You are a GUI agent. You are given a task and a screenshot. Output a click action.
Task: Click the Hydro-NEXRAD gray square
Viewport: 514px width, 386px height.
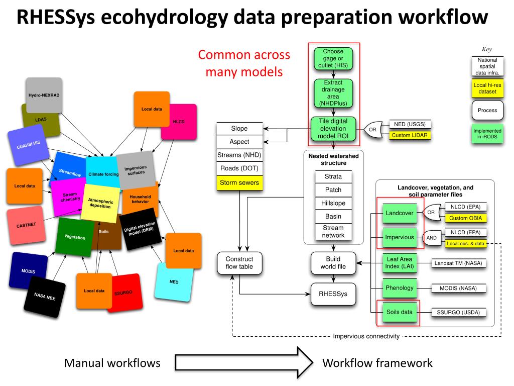[44, 95]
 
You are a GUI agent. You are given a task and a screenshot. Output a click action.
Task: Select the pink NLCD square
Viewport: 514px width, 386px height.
[179, 122]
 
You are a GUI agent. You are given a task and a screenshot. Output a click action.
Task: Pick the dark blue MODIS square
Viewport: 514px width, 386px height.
[28, 271]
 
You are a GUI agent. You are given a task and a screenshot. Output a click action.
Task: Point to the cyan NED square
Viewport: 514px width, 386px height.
[174, 281]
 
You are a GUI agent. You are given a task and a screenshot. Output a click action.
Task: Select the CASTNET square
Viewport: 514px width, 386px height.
[25, 225]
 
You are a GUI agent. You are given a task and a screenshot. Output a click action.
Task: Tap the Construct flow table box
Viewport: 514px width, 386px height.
[239, 263]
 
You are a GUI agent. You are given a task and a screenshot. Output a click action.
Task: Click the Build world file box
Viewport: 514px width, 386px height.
[333, 263]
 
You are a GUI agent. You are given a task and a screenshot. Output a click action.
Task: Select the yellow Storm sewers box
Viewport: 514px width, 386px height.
[239, 182]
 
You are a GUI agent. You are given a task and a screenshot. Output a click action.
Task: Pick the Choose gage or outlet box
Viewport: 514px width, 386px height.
[333, 58]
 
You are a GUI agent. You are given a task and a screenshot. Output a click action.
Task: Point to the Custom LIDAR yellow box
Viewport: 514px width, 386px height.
[411, 135]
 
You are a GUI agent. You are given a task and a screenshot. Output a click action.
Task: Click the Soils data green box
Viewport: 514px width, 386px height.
[400, 312]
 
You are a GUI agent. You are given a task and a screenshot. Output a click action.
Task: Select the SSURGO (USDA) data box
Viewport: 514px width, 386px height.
[459, 313]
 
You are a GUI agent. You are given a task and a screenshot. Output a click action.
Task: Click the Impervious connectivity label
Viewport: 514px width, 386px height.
[366, 336]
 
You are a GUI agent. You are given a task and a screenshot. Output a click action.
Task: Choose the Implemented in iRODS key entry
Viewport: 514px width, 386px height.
[487, 134]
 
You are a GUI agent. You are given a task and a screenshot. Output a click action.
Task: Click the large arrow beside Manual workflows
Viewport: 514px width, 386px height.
[243, 363]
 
